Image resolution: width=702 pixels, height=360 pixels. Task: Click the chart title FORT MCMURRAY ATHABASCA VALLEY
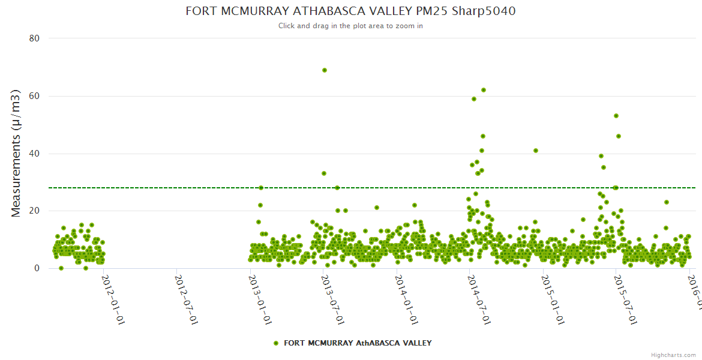pos(350,11)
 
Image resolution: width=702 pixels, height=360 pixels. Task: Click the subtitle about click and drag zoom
pos(350,26)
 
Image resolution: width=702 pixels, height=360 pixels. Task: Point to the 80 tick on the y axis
pos(34,38)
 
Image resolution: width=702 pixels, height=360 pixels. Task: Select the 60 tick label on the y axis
pos(34,96)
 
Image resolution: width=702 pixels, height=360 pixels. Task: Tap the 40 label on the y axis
pos(34,154)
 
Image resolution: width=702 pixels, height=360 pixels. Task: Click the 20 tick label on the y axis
pos(34,211)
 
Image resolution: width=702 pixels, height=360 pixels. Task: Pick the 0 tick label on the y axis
pos(37,268)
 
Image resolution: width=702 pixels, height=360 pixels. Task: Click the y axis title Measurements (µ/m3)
pos(17,154)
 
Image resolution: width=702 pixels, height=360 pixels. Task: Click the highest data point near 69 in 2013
pos(325,70)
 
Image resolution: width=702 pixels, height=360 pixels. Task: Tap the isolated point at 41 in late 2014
pos(536,151)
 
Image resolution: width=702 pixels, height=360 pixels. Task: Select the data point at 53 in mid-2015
pos(616,116)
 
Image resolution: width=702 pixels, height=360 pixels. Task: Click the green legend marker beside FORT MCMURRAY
pos(276,343)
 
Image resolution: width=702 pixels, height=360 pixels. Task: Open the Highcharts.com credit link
pos(674,355)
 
